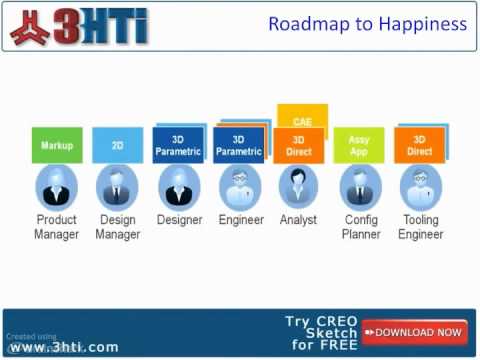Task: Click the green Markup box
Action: (56, 145)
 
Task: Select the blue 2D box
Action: (117, 145)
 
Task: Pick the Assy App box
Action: (359, 145)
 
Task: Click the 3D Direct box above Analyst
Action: (298, 146)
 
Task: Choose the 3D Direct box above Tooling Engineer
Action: (420, 145)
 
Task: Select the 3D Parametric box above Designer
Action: (178, 145)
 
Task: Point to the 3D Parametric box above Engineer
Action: (238, 145)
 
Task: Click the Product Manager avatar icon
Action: (56, 187)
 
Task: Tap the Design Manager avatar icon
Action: (117, 187)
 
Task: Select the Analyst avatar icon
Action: (298, 187)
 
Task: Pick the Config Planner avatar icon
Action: (359, 187)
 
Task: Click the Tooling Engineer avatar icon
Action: (420, 187)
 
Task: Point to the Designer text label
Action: (179, 220)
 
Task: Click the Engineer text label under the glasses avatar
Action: (241, 220)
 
